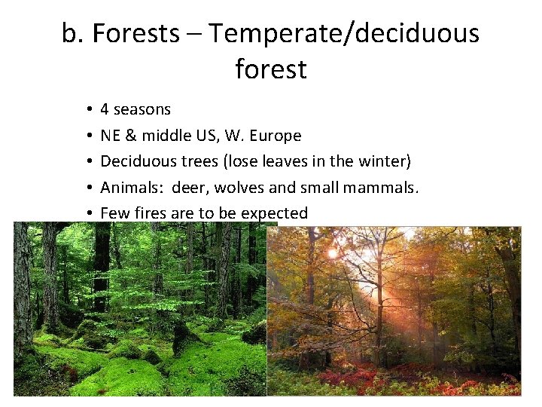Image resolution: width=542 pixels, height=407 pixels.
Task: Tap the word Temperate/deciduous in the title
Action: [344, 34]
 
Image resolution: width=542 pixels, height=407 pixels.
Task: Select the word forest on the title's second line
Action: [271, 69]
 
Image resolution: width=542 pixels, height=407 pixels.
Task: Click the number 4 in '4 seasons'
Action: [105, 110]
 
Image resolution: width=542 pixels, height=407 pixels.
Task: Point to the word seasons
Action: [142, 110]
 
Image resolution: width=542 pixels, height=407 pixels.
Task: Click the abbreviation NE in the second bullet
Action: [111, 136]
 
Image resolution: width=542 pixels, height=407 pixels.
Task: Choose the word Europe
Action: [276, 136]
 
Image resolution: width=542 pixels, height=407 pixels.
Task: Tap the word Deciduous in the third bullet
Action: [136, 161]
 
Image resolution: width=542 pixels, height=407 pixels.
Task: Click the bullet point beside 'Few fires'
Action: [89, 214]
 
